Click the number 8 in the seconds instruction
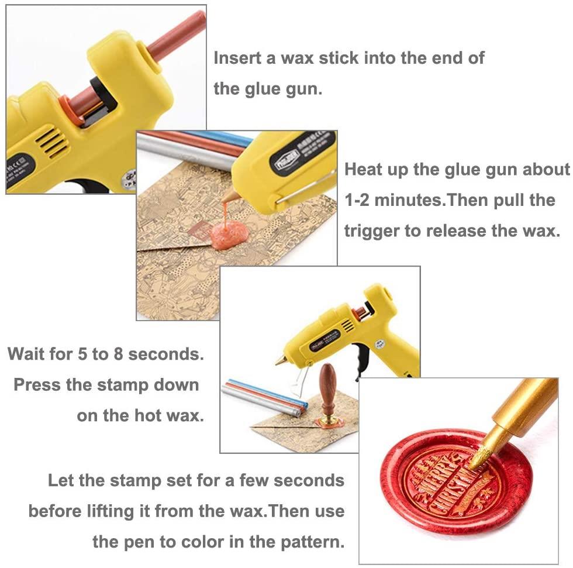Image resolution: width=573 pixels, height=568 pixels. click(118, 354)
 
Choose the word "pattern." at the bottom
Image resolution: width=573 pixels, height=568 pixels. click(312, 542)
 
